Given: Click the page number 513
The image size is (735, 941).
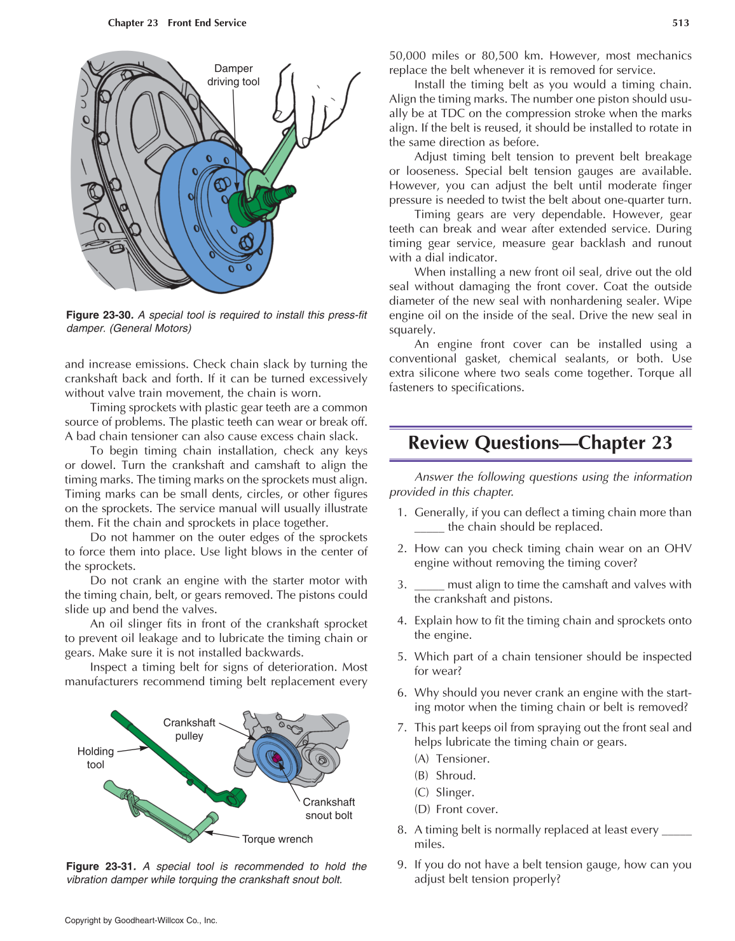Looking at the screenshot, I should coord(680,23).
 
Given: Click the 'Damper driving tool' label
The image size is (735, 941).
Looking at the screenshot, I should coord(233,75).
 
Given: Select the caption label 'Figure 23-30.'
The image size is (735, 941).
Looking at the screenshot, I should coord(99,315).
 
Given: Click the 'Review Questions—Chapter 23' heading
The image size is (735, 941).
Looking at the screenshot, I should coord(540,443).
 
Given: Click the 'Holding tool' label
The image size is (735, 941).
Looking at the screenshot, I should coord(95,758).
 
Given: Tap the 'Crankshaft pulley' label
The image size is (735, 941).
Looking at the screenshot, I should coord(189,729).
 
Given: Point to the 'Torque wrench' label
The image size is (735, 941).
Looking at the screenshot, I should coord(277,839).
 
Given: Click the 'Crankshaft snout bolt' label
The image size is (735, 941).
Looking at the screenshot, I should coord(329,809).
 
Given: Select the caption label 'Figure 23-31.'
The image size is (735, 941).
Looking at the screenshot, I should coord(100,866).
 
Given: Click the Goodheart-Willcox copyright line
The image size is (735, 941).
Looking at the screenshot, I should coord(141,920).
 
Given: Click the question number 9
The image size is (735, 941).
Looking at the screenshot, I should coord(401,865).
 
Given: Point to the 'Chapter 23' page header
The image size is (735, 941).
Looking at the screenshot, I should coord(133,23).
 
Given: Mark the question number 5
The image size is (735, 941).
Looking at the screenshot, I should coord(401,657).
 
